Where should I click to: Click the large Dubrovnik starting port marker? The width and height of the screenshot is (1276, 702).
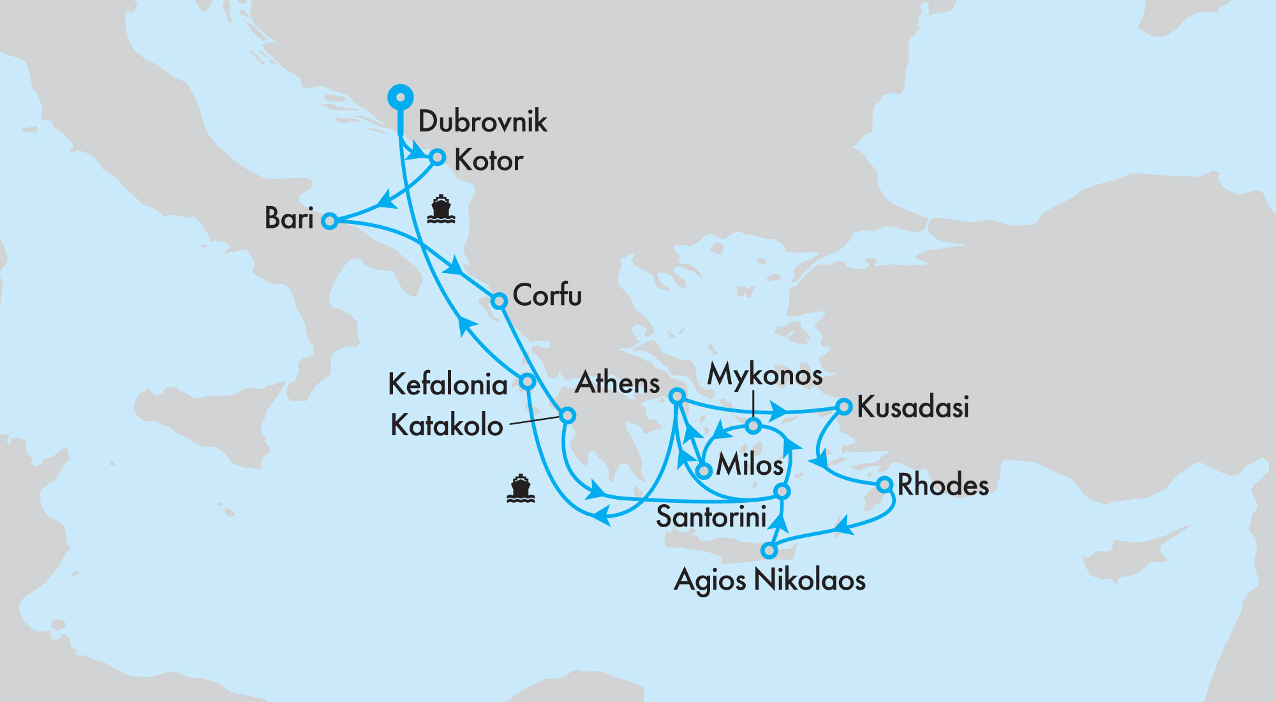401,98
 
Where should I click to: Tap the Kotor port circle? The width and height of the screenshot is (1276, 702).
438,157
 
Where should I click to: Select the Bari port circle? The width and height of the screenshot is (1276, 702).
329,221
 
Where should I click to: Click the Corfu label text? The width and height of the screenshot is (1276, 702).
547,295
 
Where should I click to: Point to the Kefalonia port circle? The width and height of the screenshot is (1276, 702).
527,382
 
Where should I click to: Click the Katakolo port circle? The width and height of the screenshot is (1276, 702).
567,415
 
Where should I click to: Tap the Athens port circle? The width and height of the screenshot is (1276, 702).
677,396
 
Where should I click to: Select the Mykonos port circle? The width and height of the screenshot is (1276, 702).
753,426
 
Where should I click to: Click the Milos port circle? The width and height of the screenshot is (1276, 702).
704,471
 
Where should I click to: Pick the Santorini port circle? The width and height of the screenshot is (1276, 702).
782,491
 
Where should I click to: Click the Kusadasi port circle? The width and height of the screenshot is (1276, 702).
843,407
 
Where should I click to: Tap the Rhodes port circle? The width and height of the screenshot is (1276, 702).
884,484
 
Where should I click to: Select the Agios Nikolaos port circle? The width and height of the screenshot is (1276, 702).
769,550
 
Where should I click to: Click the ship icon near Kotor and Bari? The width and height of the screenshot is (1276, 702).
441,209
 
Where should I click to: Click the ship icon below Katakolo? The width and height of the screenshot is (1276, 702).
520,489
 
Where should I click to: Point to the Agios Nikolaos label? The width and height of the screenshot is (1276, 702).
769,580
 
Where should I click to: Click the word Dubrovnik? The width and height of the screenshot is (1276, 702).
482,121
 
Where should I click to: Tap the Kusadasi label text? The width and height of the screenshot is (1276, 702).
912,407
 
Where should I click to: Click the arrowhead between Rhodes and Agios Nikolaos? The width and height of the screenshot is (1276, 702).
843,527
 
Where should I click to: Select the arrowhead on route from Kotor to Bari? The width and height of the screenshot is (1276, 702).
385,200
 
